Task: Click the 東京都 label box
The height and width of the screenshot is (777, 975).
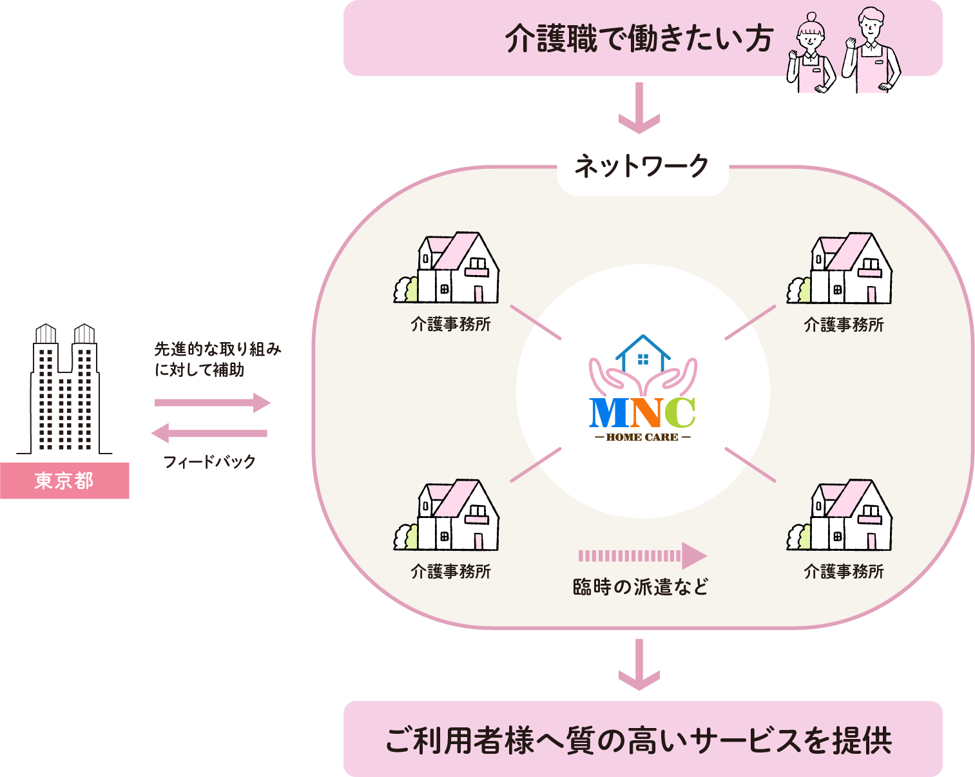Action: [64, 481]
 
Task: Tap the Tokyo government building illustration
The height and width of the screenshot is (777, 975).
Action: [65, 390]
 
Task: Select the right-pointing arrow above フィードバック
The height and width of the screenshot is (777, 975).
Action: [212, 403]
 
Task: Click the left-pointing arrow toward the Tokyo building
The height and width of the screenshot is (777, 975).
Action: [209, 433]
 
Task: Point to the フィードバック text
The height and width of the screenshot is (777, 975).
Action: [209, 461]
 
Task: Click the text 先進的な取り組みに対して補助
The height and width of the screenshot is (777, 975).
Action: [217, 360]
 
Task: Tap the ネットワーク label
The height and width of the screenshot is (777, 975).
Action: [642, 167]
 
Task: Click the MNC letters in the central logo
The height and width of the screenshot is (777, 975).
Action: [642, 413]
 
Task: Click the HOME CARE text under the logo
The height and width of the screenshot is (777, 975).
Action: [642, 437]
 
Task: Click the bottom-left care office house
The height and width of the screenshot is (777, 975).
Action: [447, 515]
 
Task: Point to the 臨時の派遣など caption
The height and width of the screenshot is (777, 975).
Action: [641, 587]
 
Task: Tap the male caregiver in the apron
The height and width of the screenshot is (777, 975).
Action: [870, 52]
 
